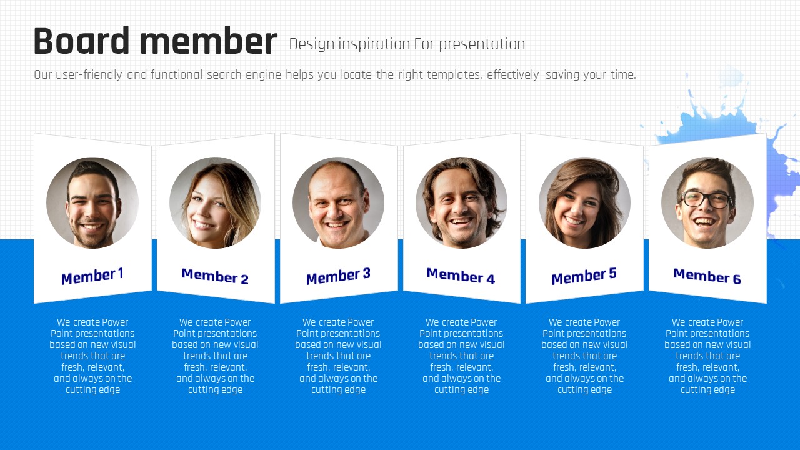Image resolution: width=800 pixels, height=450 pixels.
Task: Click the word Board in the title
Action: pyautogui.click(x=81, y=41)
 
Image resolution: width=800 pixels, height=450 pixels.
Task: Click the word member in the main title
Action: pyautogui.click(x=209, y=41)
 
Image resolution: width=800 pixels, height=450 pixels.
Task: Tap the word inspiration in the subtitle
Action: pyautogui.click(x=374, y=44)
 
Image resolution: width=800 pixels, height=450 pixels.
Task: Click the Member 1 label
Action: pyautogui.click(x=92, y=276)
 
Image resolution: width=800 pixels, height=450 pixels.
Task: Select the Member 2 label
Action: pyautogui.click(x=215, y=276)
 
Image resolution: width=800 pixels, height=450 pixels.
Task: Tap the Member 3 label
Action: pyautogui.click(x=338, y=276)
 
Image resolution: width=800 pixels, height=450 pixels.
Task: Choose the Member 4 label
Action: pyautogui.click(x=461, y=276)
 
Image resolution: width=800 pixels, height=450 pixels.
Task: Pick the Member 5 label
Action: pyautogui.click(x=584, y=276)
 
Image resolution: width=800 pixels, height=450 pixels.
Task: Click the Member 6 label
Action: pyautogui.click(x=707, y=276)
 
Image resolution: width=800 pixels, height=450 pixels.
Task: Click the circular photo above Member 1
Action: pyautogui.click(x=92, y=203)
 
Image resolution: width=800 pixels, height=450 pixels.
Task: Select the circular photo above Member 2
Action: pyautogui.click(x=216, y=203)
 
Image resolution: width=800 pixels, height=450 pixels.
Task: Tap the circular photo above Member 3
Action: pyautogui.click(x=338, y=203)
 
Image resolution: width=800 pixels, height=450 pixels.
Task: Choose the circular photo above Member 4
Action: pyautogui.click(x=461, y=203)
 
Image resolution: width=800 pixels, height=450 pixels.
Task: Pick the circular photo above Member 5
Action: pyautogui.click(x=584, y=203)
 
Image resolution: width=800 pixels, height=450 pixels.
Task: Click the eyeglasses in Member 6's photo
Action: pyautogui.click(x=706, y=200)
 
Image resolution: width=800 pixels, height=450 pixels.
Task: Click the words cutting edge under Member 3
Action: pyautogui.click(x=338, y=389)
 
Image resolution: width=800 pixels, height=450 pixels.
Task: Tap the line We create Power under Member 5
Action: pyautogui.click(x=584, y=322)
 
